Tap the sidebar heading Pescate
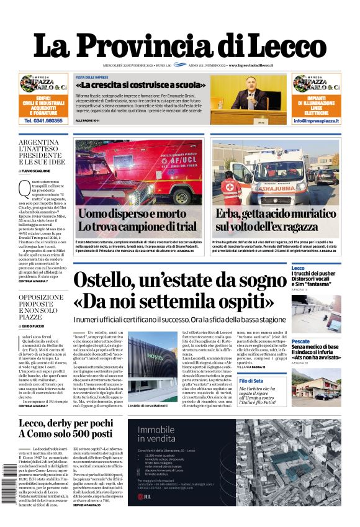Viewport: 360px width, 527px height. tap(300, 342)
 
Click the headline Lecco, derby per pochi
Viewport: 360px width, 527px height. tap(69, 423)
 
